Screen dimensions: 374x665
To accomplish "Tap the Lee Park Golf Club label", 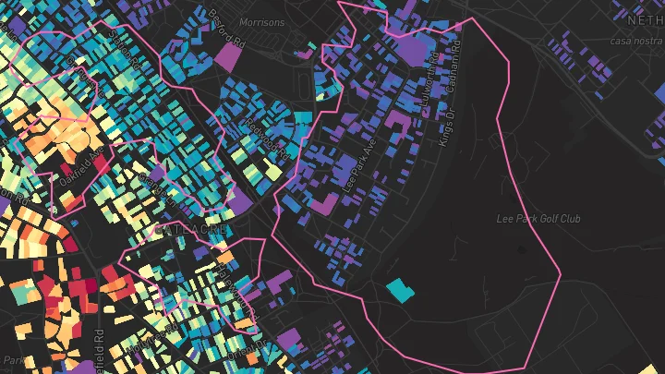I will [538, 219].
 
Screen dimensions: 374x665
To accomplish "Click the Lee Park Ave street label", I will [357, 167].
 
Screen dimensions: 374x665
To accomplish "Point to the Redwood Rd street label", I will [265, 136].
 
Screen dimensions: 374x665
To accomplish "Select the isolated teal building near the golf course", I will [401, 291].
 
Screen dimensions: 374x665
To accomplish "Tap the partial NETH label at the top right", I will [644, 19].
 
